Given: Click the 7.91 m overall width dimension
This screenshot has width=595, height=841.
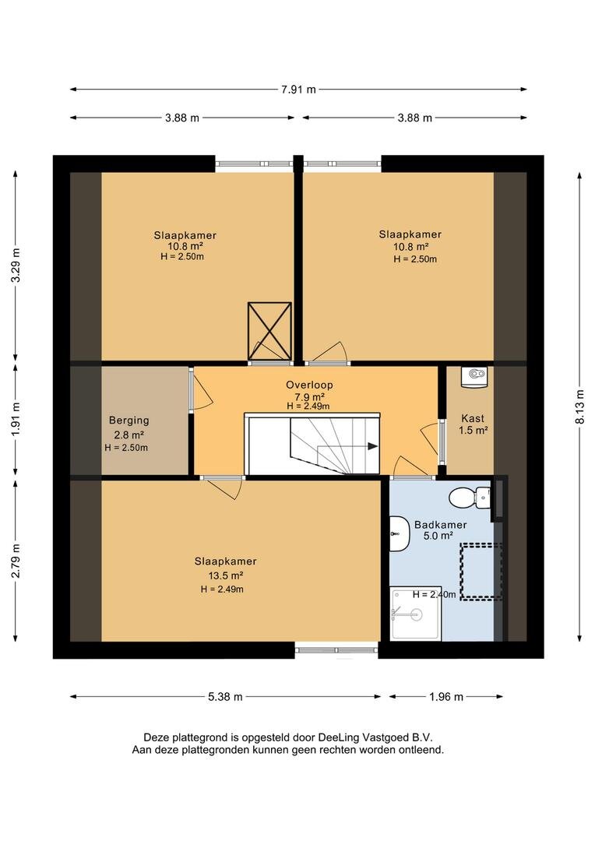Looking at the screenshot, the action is [x=298, y=90].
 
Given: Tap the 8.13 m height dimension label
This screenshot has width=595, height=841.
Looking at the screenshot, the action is [x=580, y=406].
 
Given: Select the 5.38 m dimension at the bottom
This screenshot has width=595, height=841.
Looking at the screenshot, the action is [x=225, y=697].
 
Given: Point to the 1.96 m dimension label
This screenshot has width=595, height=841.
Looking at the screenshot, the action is [x=445, y=697].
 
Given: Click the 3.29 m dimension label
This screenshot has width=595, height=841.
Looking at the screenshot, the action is [x=16, y=266].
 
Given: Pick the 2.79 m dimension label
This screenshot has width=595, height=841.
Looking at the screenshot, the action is [x=16, y=561].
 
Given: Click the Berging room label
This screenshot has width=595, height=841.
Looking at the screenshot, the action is [x=129, y=420].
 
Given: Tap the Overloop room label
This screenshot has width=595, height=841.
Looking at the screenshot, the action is [x=309, y=385].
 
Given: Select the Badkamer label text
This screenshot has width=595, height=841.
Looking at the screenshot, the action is [x=441, y=525].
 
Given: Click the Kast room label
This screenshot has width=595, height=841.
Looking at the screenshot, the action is [x=473, y=418].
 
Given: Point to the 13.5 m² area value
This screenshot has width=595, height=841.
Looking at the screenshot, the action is [x=226, y=575].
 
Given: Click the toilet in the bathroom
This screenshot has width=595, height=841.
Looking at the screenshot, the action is [x=470, y=497].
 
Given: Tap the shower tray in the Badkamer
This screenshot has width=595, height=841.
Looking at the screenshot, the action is [x=416, y=614].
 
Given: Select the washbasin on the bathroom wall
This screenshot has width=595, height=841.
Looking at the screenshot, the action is [x=397, y=534].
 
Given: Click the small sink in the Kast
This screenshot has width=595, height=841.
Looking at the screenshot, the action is [x=474, y=376].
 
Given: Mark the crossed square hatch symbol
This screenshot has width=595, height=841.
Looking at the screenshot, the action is [x=269, y=331].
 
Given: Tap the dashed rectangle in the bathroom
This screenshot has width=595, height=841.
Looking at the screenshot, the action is [x=481, y=572].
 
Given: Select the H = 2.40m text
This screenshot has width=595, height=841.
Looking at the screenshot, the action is [x=434, y=594].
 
